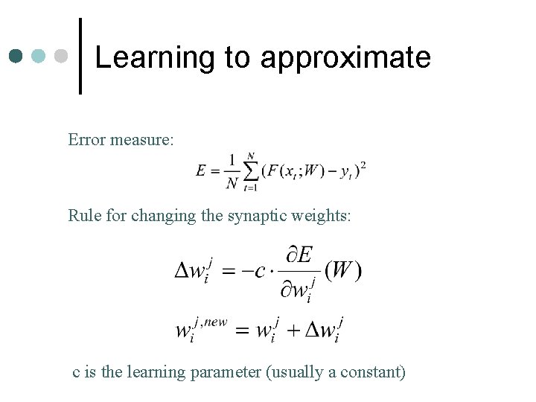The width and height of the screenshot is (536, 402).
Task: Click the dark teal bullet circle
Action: [x=17, y=57]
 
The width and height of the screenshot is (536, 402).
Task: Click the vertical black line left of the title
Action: [x=80, y=56]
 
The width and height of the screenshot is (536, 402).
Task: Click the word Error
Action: [x=86, y=139]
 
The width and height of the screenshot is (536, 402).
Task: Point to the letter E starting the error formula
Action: [x=202, y=170]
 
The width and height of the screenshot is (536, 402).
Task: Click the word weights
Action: [x=325, y=216]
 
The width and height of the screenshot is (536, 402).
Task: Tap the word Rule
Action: [x=83, y=216]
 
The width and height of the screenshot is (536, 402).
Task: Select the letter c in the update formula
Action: [x=260, y=271]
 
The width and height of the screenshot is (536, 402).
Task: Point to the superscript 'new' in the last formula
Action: [x=215, y=321]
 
